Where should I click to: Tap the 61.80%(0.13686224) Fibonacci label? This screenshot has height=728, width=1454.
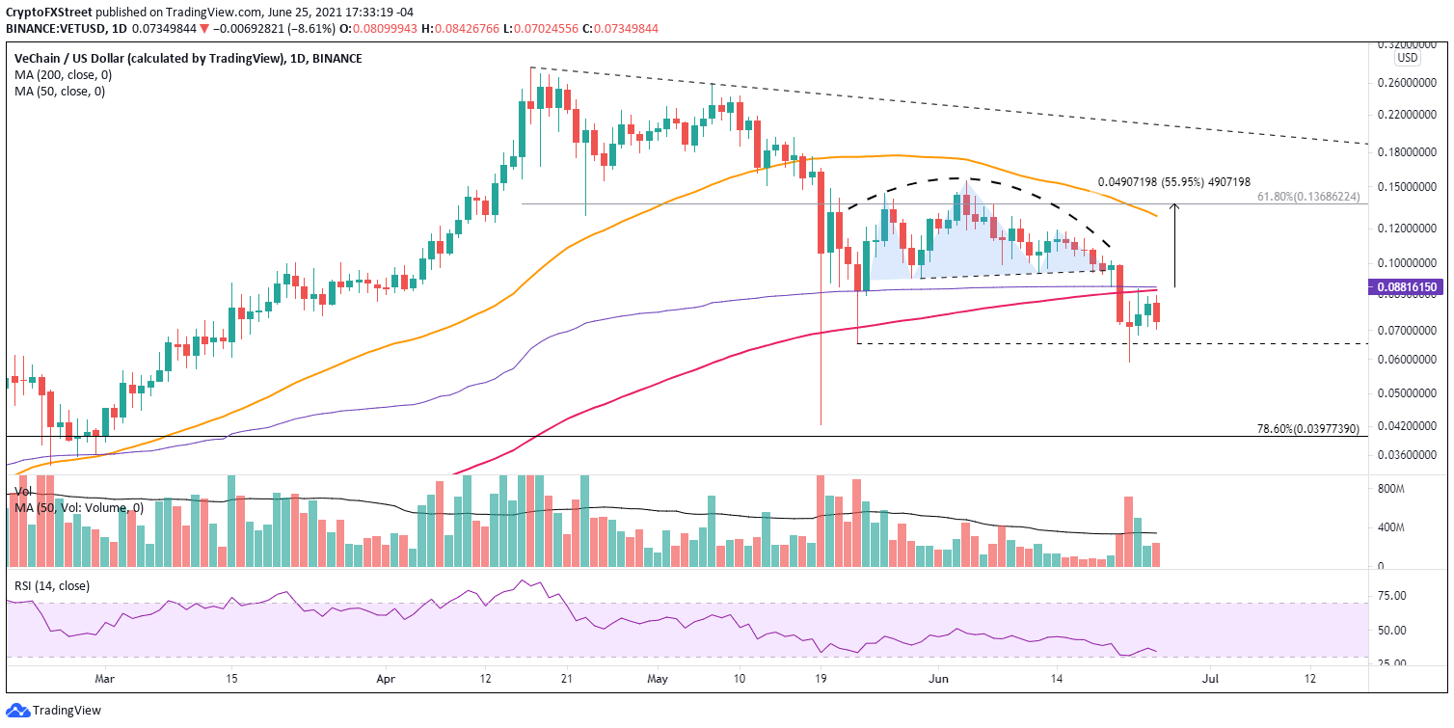point(1307,196)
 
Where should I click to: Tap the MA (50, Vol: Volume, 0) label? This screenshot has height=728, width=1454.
point(79,507)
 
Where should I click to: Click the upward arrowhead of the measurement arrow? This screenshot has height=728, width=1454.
point(1173,205)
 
